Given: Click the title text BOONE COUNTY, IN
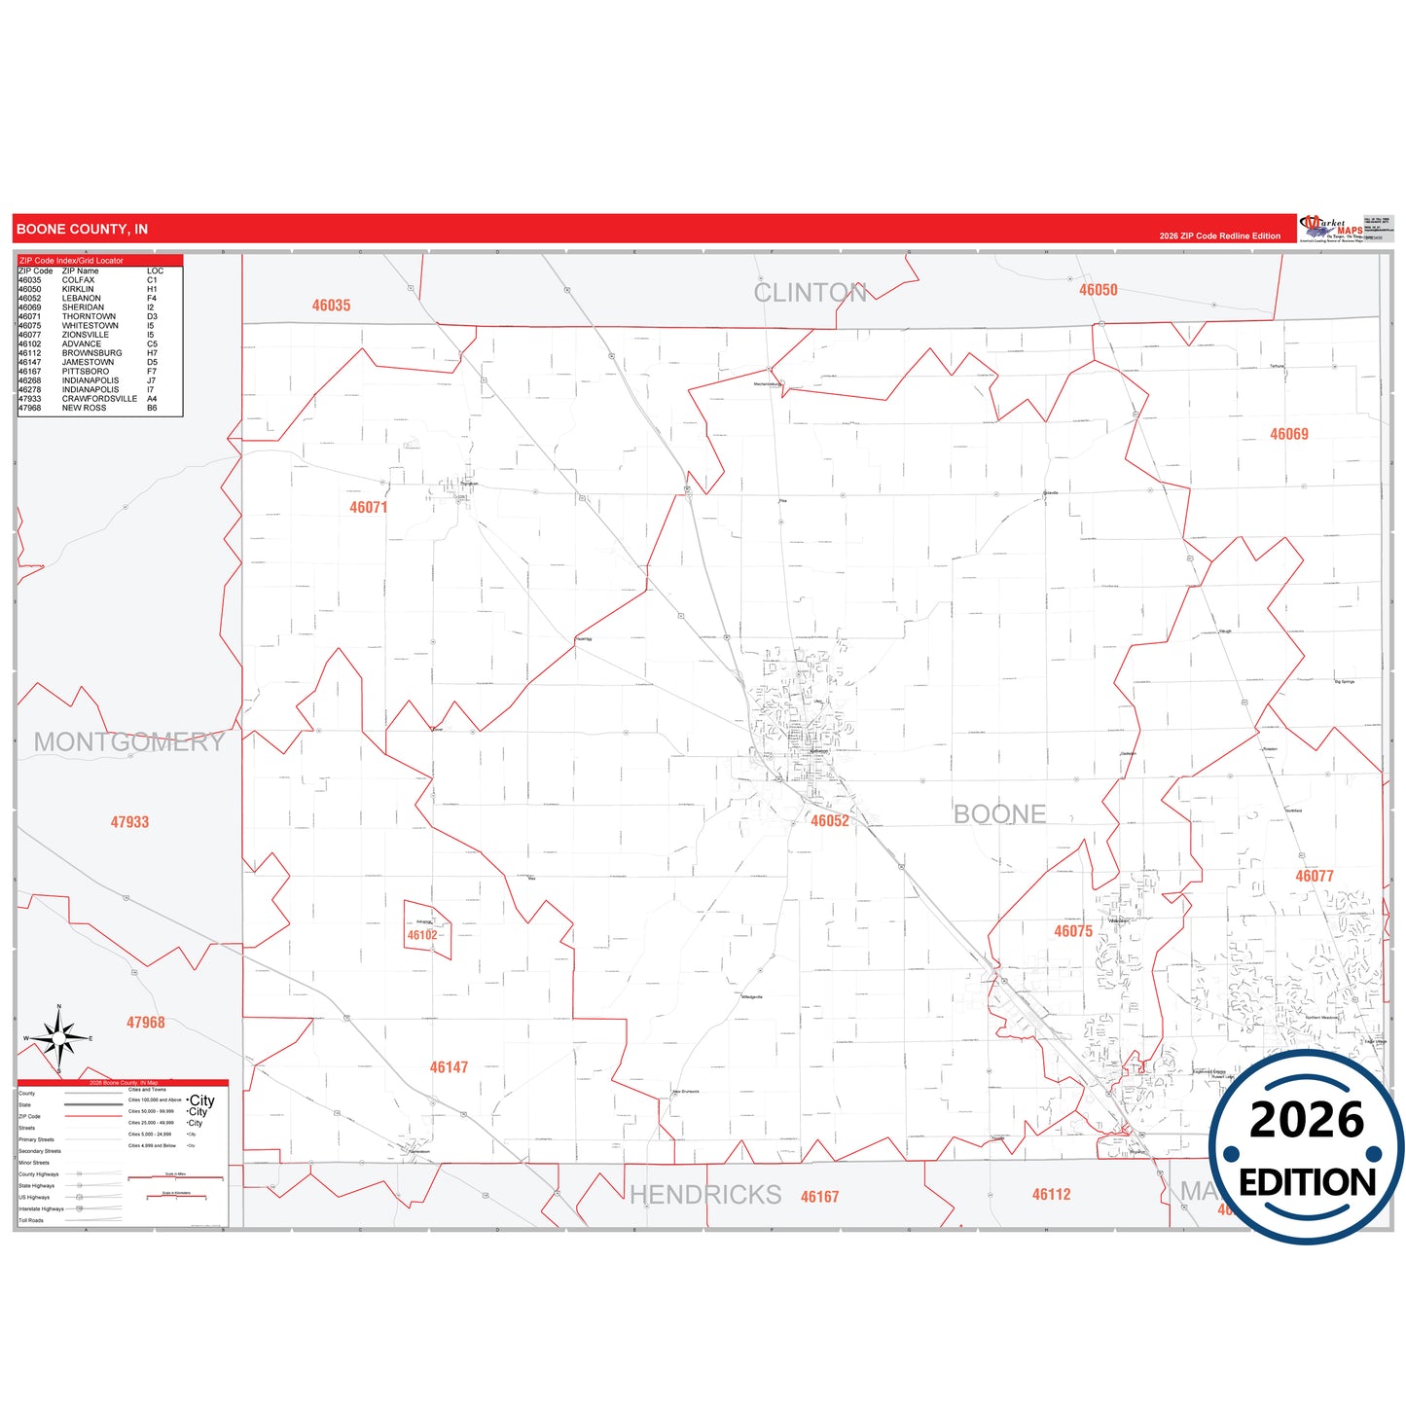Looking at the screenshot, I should tap(83, 230).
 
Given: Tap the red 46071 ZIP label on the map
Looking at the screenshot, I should tap(369, 508).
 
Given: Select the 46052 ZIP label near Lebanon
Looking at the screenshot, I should tap(830, 821).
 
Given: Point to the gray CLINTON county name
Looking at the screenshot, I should tap(810, 293).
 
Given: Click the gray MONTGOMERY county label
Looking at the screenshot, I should tap(128, 742).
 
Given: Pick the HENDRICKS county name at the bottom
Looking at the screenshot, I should tap(705, 1195).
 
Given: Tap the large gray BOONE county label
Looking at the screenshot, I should tap(999, 814).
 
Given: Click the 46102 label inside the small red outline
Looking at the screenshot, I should tap(422, 936).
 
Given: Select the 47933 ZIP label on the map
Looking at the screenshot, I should tap(129, 822).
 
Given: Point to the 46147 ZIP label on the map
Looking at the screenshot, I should tap(449, 1067).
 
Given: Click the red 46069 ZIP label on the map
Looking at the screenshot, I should tap(1289, 434).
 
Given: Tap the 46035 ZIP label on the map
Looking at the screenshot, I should tap(331, 306).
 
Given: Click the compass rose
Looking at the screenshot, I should tap(59, 1039).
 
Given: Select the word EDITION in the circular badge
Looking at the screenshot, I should tap(1307, 1183).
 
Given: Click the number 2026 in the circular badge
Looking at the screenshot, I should tap(1307, 1121).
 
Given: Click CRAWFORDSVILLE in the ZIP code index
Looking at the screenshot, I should tap(99, 399).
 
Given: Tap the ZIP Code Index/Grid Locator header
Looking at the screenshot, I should tap(71, 261).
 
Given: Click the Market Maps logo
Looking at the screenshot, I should tap(1331, 229).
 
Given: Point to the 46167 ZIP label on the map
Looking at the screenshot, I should tap(819, 1197).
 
